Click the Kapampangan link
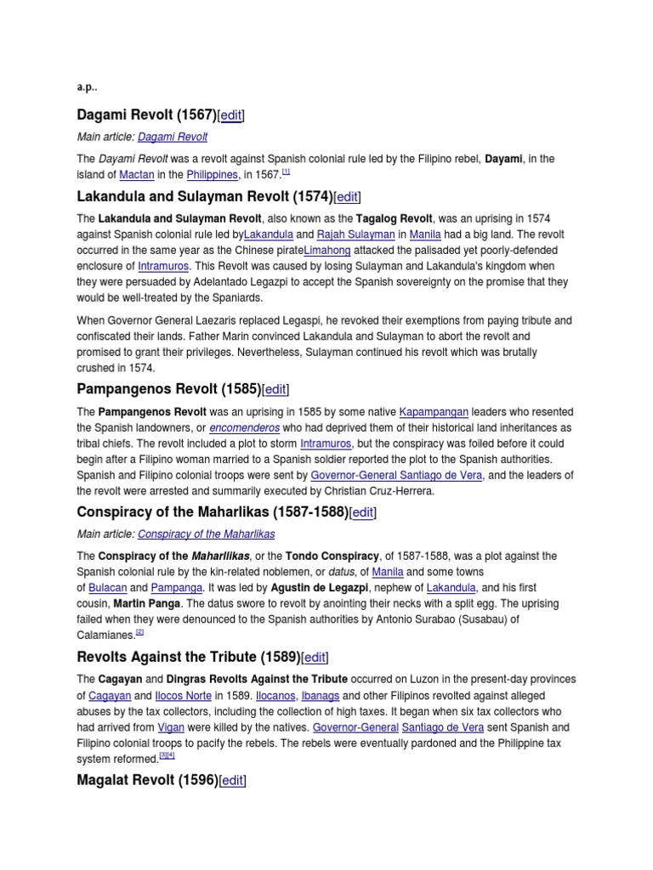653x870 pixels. point(434,411)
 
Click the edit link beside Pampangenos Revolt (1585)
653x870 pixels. point(275,389)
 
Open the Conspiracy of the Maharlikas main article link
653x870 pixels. point(206,534)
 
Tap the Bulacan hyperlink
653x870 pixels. point(106,587)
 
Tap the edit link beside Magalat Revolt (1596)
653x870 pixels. point(232,780)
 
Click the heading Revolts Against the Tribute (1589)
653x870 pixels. point(188,657)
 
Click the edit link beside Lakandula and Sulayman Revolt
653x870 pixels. point(347,197)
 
